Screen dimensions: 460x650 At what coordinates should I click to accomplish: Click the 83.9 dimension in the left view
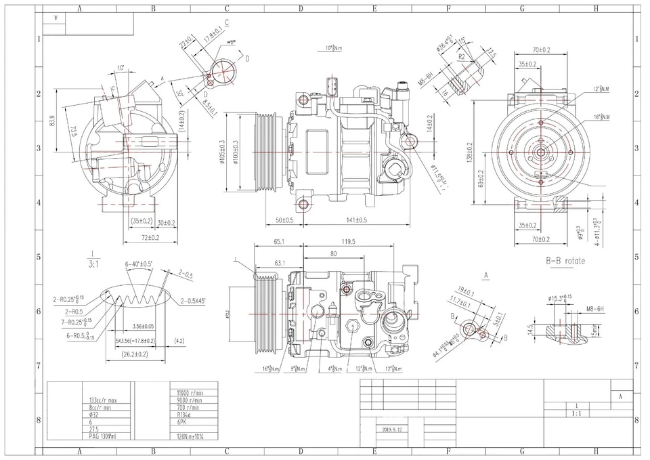52,124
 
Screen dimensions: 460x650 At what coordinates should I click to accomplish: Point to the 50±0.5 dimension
284,220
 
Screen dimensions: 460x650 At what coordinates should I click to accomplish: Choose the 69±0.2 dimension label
481,178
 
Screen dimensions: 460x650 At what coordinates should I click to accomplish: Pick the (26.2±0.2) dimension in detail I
135,354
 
